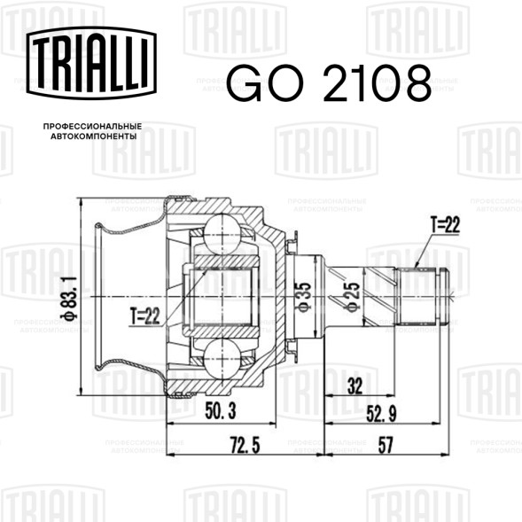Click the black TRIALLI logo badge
(91, 63)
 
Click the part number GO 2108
(329, 83)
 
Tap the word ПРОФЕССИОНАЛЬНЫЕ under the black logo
(92, 127)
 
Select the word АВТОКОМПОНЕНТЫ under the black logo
(94, 136)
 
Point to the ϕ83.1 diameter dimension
(70, 298)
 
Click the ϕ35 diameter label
(303, 297)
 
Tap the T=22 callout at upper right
(445, 225)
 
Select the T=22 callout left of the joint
(145, 316)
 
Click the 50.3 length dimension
(221, 411)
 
